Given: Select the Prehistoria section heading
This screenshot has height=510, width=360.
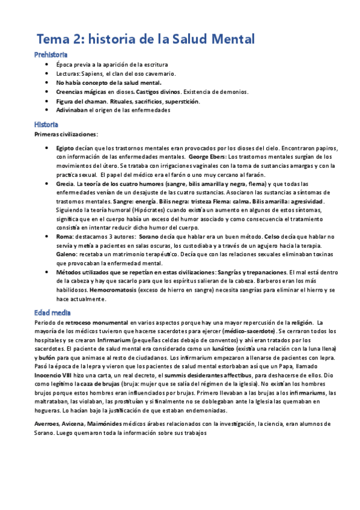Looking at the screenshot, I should pos(50,55).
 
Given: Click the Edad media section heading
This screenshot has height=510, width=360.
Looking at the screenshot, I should pos(52,313).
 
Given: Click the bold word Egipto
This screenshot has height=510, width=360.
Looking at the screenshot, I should pos(66,147).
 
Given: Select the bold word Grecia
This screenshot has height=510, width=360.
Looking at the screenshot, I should pos(65,183).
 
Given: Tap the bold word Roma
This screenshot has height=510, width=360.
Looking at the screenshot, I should pos(64,238).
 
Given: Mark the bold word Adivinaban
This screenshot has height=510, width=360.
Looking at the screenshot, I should pos(72,110).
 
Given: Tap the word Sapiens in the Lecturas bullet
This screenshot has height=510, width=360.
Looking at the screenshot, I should pos(91,73).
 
